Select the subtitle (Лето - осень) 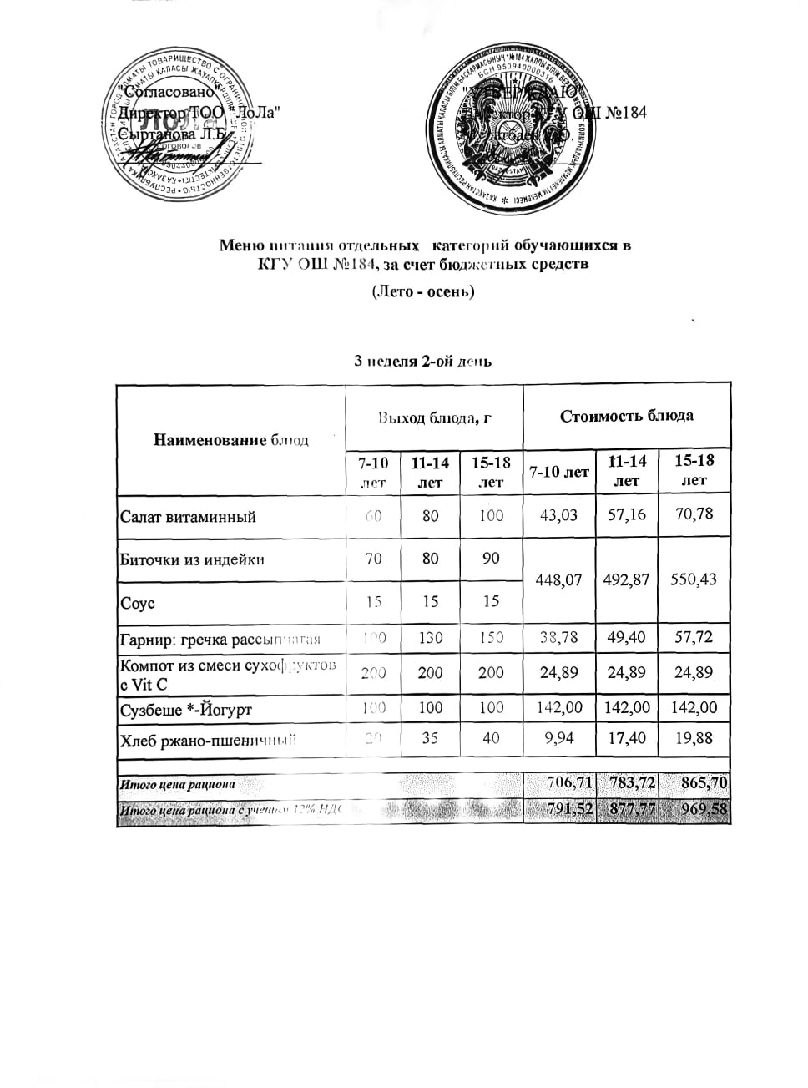422,292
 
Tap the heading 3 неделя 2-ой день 422,361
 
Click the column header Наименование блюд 230,440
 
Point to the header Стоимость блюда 626,416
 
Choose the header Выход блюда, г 434,417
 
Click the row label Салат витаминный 188,517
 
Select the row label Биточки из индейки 192,559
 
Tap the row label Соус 139,603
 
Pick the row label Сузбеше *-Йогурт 186,711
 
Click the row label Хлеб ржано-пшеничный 209,740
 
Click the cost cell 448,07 559,579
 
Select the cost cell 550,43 694,579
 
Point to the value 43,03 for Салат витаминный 559,515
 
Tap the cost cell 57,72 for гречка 694,637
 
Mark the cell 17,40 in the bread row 627,739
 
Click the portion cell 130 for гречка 430,638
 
